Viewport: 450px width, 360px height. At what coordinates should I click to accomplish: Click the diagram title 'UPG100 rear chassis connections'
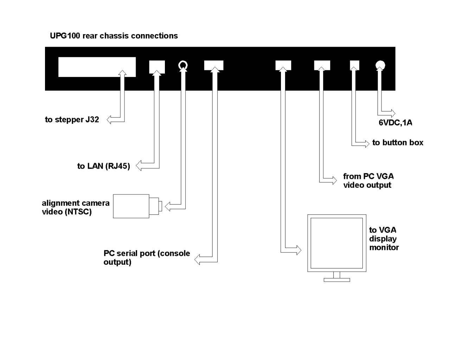[x=114, y=36]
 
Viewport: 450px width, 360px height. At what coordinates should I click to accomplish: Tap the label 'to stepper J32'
[x=72, y=120]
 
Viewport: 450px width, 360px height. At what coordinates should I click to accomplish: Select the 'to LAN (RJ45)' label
[x=103, y=166]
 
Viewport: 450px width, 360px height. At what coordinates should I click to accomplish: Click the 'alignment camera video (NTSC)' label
[x=76, y=207]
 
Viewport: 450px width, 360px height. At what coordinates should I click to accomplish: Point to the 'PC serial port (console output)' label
[x=147, y=258]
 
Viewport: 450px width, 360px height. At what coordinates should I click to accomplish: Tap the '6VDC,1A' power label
[x=395, y=123]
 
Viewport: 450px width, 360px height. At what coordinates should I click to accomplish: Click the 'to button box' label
[x=398, y=142]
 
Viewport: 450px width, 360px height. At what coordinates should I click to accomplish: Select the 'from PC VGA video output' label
[x=368, y=181]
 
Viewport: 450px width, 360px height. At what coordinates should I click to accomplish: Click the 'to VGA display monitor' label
[x=384, y=239]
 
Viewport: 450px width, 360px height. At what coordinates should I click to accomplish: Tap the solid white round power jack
[x=380, y=65]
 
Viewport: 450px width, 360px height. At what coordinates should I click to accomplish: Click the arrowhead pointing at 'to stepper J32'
[x=109, y=120]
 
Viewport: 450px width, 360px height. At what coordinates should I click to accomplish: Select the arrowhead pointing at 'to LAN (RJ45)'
[x=139, y=166]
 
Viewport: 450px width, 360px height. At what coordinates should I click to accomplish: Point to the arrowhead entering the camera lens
[x=167, y=207]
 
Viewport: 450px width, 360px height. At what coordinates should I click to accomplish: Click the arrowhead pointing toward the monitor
[x=299, y=250]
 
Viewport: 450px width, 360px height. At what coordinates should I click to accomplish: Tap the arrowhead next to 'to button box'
[x=367, y=144]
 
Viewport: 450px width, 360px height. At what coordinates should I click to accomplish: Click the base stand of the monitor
[x=337, y=280]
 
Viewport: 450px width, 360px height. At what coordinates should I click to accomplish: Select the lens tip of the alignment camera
[x=160, y=206]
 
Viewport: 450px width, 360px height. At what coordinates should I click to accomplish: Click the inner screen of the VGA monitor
[x=337, y=243]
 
